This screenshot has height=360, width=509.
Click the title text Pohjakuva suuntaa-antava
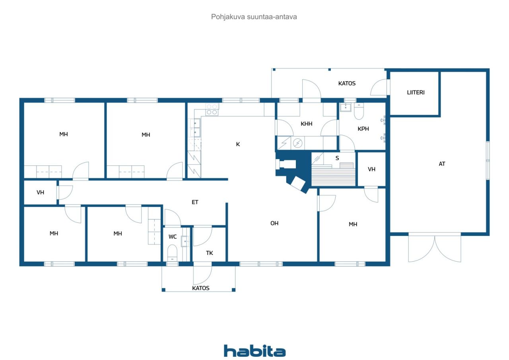coord(254,17)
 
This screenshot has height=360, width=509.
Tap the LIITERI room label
coord(416,93)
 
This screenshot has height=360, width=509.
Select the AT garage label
coord(442,164)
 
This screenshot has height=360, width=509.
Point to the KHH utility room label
coord(306,124)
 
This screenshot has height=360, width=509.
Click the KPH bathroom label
coord(363,129)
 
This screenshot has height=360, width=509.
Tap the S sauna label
coord(337,158)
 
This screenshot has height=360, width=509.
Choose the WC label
coord(173,237)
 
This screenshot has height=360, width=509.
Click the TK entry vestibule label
coord(209,253)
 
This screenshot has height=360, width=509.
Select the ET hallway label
coord(195,202)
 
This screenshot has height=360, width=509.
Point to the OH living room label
coord(274,224)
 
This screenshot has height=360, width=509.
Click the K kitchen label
coord(238,144)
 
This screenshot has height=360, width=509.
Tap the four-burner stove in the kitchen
coord(212,109)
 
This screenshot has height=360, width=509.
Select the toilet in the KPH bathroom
coord(359,111)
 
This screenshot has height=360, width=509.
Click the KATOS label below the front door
coord(201,288)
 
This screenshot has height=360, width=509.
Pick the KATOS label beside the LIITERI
coord(347,84)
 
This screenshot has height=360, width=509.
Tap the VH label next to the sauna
coord(371,169)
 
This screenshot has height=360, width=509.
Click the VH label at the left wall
coord(40,193)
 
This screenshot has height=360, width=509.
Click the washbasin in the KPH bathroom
coord(346,107)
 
